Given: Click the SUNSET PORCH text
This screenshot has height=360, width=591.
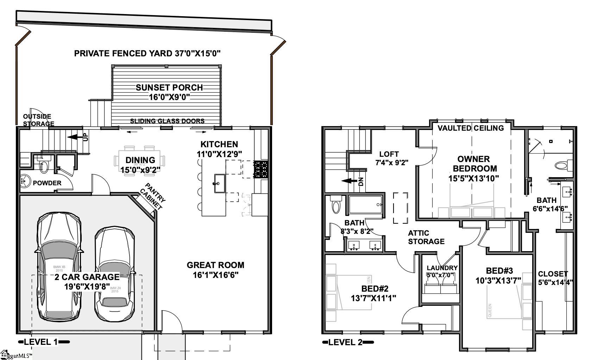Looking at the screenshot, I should [x=169, y=87].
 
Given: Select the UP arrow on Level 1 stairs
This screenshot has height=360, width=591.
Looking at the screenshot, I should [x=76, y=137].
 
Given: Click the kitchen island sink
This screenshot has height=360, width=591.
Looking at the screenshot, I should [x=218, y=183].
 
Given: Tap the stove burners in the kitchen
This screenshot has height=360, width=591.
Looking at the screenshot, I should [x=261, y=169].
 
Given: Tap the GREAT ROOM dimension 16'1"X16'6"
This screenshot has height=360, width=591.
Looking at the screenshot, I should [x=215, y=275].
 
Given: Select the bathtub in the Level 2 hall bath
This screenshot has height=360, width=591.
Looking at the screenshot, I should [x=365, y=205].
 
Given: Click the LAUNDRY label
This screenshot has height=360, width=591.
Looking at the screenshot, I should [x=442, y=268].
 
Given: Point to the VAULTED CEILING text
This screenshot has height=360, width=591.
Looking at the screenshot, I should [x=471, y=128].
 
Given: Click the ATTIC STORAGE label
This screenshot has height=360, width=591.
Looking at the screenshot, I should [x=426, y=237].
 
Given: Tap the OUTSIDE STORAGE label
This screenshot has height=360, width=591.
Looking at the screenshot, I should [x=38, y=120].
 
